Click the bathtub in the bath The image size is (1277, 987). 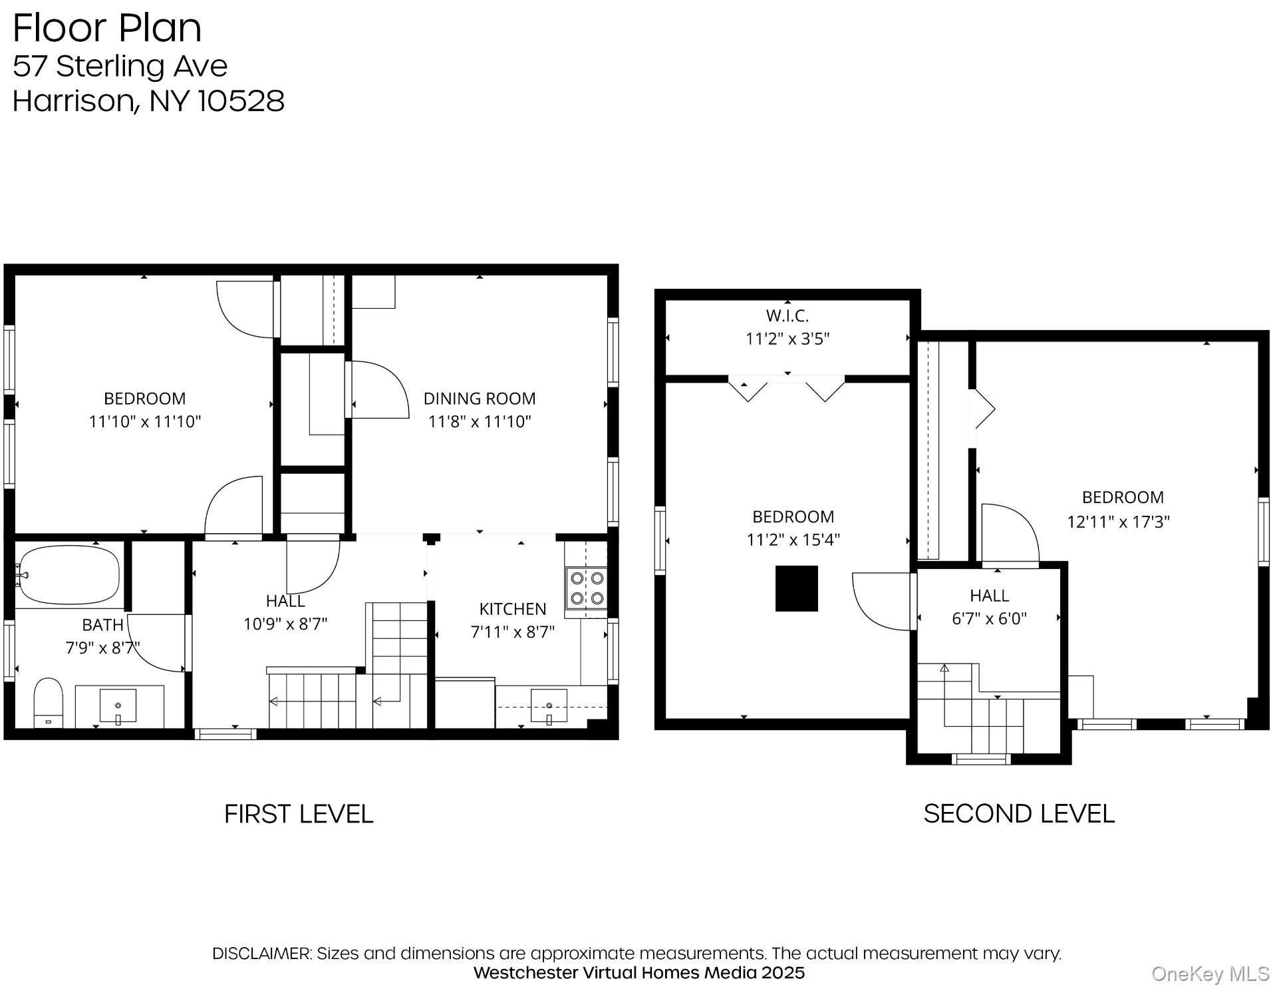(x=69, y=575)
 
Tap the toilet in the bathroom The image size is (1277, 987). (x=48, y=703)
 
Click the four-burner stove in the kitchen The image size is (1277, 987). (x=587, y=588)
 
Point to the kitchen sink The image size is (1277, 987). (x=549, y=706)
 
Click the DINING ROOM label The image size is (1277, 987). (x=479, y=399)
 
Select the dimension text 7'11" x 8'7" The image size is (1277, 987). (x=512, y=632)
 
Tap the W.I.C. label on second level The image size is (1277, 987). (x=787, y=315)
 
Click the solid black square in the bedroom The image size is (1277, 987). (x=796, y=588)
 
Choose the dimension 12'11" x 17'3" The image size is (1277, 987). (x=1118, y=522)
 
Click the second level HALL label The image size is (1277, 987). (x=989, y=596)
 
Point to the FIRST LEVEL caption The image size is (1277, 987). (x=299, y=814)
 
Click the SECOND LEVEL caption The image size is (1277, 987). (x=1018, y=814)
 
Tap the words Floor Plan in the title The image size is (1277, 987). (x=107, y=28)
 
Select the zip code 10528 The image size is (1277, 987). (x=241, y=101)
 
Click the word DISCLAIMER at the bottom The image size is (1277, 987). (x=261, y=953)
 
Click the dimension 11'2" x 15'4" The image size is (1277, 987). (x=793, y=540)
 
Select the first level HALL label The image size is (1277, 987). (x=285, y=601)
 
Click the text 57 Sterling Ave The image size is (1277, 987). (x=120, y=66)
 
